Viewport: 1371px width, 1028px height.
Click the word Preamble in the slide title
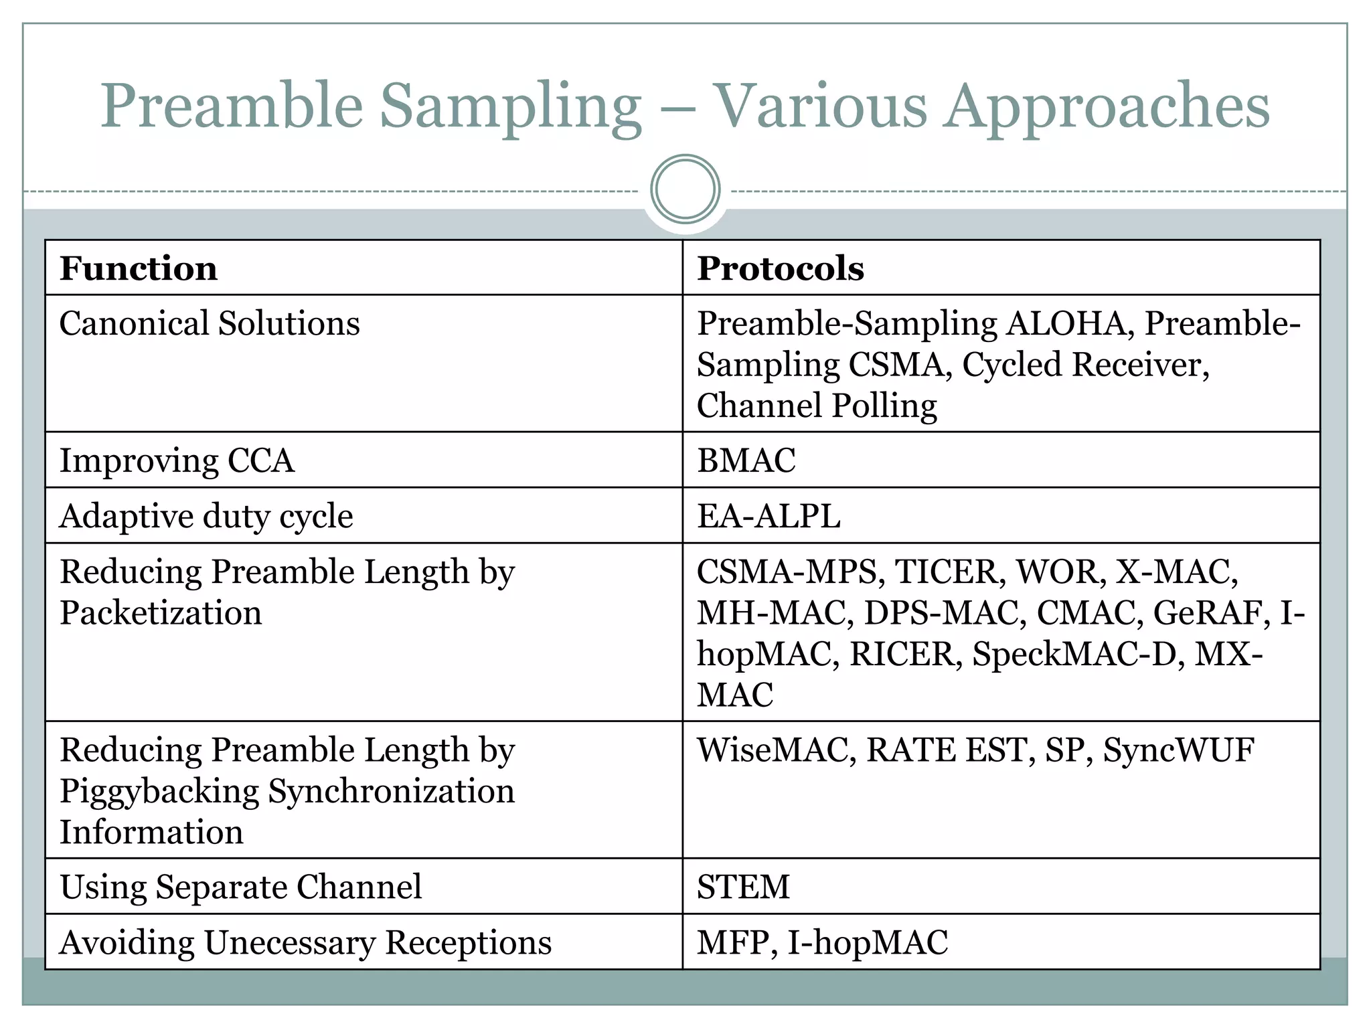click(x=232, y=106)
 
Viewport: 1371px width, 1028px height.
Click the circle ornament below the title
click(x=685, y=189)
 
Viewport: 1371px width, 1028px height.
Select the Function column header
click(x=139, y=268)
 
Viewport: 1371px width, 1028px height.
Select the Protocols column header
click(x=781, y=268)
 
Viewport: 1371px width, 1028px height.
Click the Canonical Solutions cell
click(x=210, y=324)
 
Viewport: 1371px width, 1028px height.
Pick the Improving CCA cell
click(x=177, y=460)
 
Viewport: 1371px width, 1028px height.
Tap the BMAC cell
click(x=746, y=460)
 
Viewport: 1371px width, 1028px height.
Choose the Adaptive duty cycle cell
click(x=206, y=516)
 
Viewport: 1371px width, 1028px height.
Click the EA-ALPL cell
click(x=769, y=516)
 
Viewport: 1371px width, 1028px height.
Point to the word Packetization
click(x=161, y=613)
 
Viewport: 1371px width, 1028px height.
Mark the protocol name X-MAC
click(x=1176, y=572)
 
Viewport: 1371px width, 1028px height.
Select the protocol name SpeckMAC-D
click(x=1074, y=654)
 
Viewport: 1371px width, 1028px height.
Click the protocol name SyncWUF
click(x=1178, y=750)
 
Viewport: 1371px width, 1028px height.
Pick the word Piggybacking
click(x=159, y=792)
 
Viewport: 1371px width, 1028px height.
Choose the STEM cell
click(x=743, y=887)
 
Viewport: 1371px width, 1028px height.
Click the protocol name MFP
click(x=733, y=942)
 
